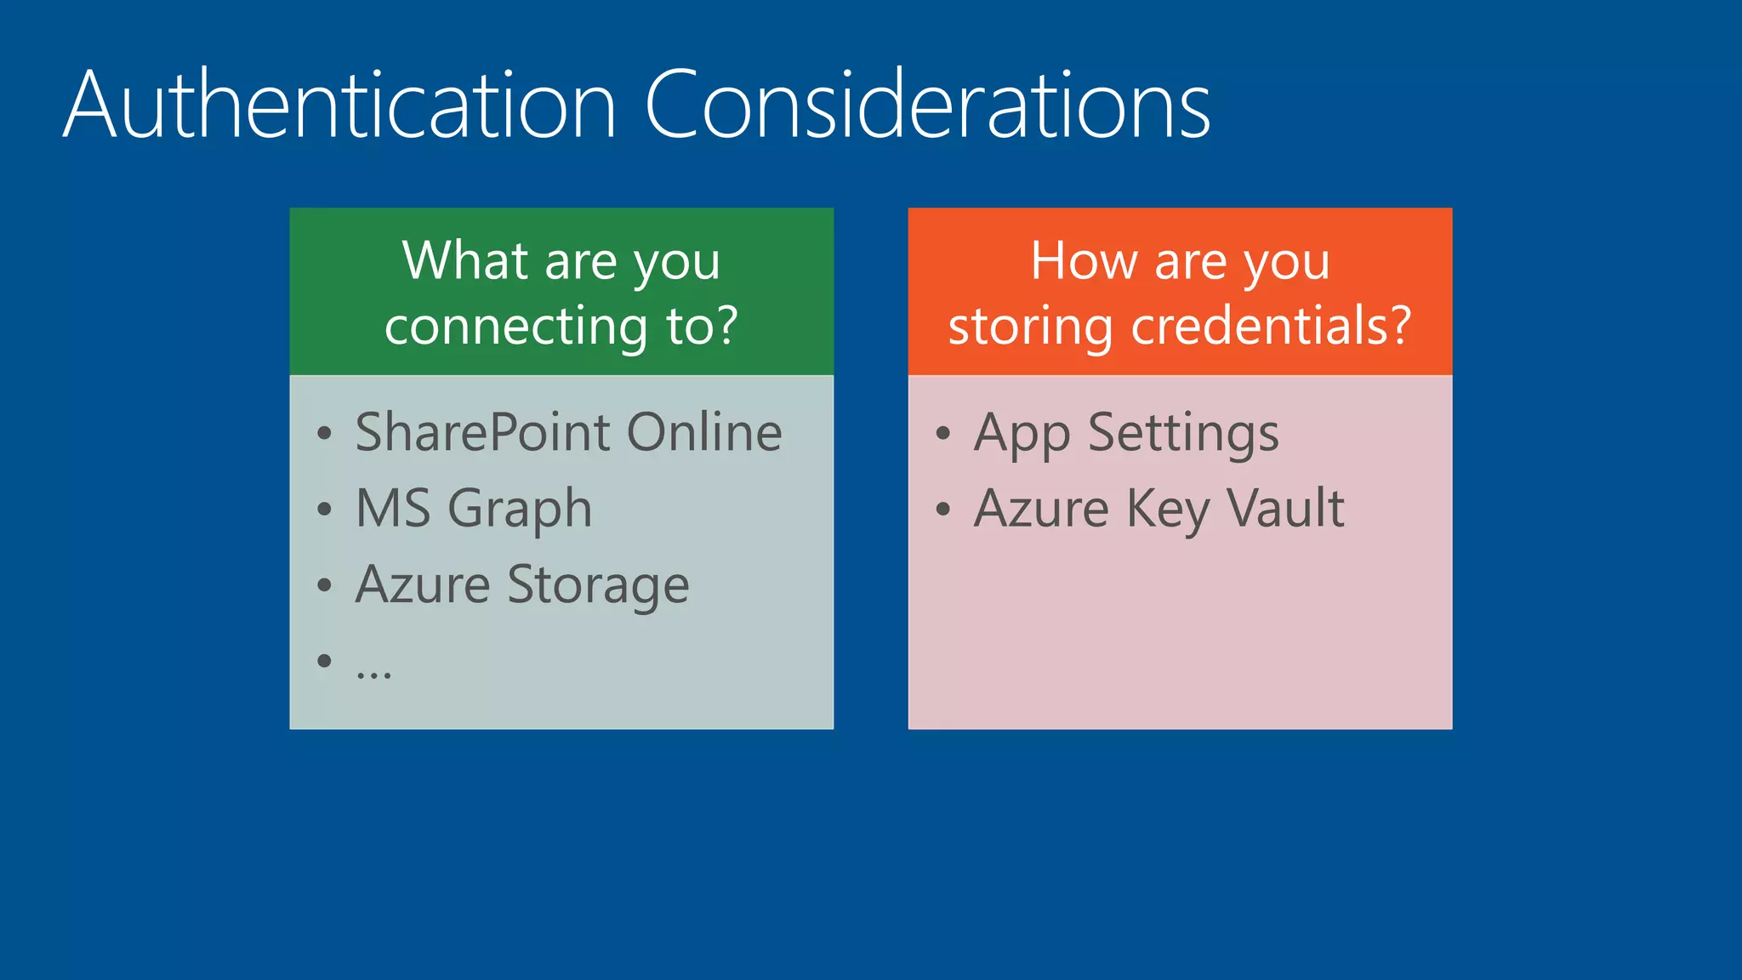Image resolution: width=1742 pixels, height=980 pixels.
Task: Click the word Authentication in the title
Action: point(339,106)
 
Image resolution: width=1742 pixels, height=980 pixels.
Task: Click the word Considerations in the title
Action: point(927,106)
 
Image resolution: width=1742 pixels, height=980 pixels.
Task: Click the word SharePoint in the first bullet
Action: point(482,432)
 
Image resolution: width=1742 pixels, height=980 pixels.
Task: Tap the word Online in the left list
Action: point(704,432)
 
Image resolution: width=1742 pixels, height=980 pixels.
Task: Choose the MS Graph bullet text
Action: point(473,509)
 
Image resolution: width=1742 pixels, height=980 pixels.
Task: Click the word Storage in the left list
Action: point(598,585)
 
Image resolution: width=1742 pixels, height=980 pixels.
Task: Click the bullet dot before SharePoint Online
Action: point(324,434)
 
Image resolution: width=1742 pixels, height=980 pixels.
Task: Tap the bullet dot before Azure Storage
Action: point(324,585)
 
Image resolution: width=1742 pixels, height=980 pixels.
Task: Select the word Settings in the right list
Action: point(1183,434)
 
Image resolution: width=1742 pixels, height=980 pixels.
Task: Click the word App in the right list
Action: point(1022,434)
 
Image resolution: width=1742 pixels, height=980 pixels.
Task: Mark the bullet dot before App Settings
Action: point(942,434)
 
